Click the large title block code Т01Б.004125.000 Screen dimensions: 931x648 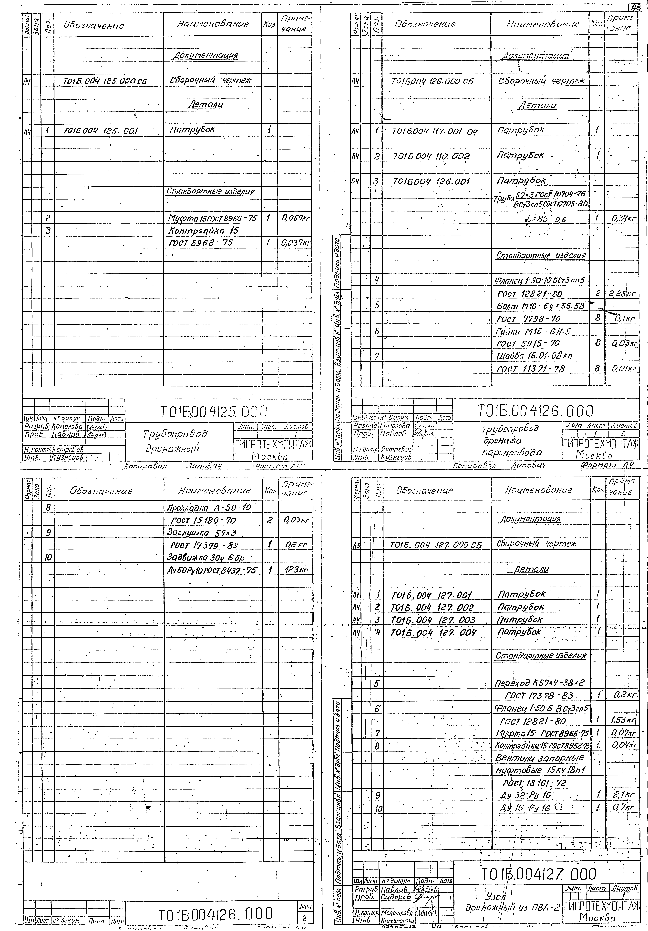click(214, 412)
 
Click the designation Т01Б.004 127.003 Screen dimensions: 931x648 click(433, 620)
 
